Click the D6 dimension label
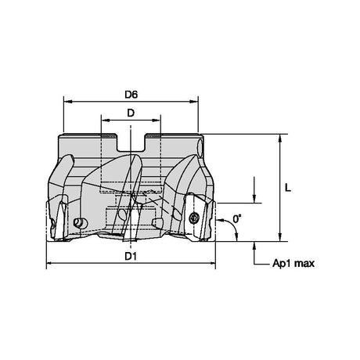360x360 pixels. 131,95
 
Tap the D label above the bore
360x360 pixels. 131,113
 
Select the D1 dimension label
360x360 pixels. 131,257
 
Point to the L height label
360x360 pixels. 288,188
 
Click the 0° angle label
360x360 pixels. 237,218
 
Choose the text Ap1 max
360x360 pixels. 293,263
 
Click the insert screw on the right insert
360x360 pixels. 194,217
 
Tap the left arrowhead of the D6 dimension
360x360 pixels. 68,101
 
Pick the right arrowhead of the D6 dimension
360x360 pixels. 193,101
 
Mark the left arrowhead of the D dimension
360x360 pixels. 106,121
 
